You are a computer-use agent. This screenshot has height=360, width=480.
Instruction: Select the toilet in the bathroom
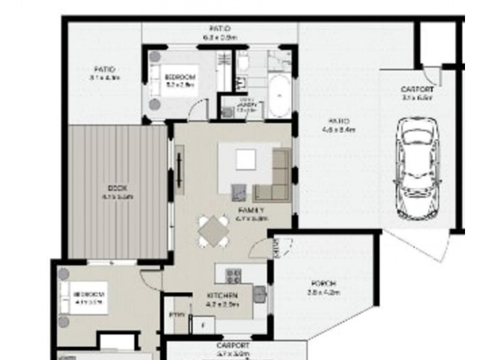coord(243,61)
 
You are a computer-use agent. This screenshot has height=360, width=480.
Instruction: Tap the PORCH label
coord(323,283)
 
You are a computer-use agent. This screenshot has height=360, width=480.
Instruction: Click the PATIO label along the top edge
coord(220,29)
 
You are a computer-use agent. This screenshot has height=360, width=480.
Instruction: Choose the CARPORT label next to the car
coord(417,90)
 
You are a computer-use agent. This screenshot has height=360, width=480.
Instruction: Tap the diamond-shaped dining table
coord(214,231)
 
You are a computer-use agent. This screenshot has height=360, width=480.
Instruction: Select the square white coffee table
coord(245,160)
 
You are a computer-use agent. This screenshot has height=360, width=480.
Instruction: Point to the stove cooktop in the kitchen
coord(233,275)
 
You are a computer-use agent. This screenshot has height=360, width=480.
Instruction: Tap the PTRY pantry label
coord(178,314)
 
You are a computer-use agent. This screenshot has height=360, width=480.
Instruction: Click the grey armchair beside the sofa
coord(240,191)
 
